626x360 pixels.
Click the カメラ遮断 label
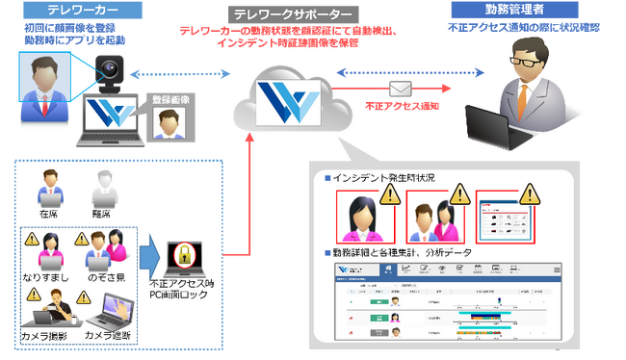pos(110,336)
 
